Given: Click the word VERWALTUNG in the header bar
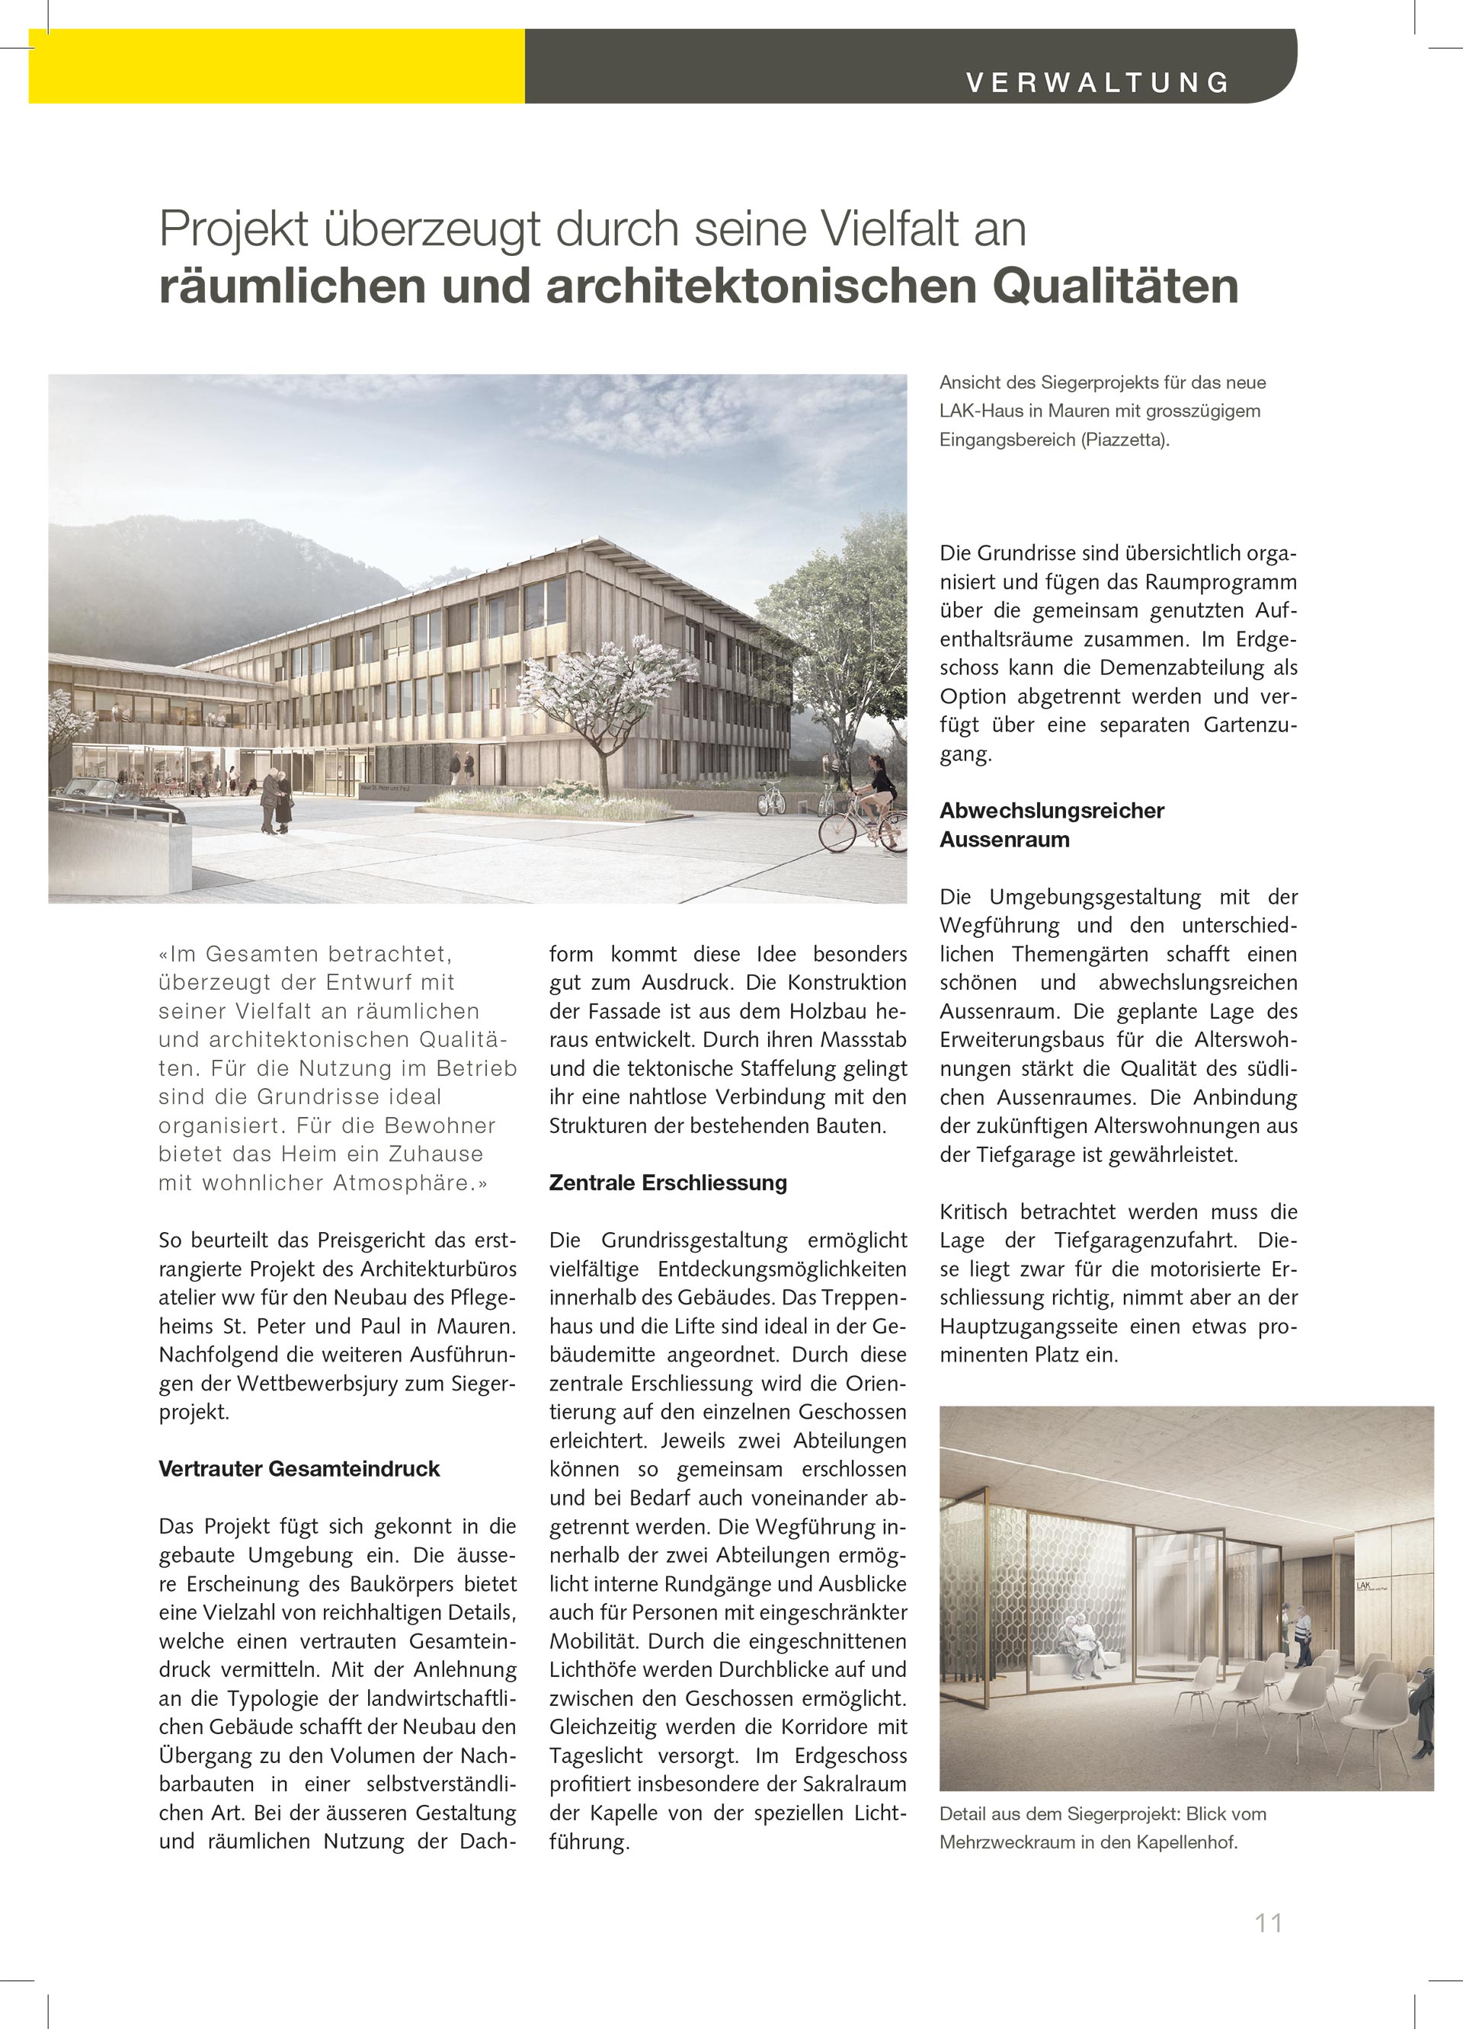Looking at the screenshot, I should (x=1098, y=82).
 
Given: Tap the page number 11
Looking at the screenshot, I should (x=1269, y=1922).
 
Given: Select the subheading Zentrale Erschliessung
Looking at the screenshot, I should (x=667, y=1183).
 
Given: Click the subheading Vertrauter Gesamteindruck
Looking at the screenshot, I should (x=299, y=1469).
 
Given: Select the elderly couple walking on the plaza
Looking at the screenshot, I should (x=276, y=800).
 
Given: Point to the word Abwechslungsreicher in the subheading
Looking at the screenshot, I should (x=1052, y=811).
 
